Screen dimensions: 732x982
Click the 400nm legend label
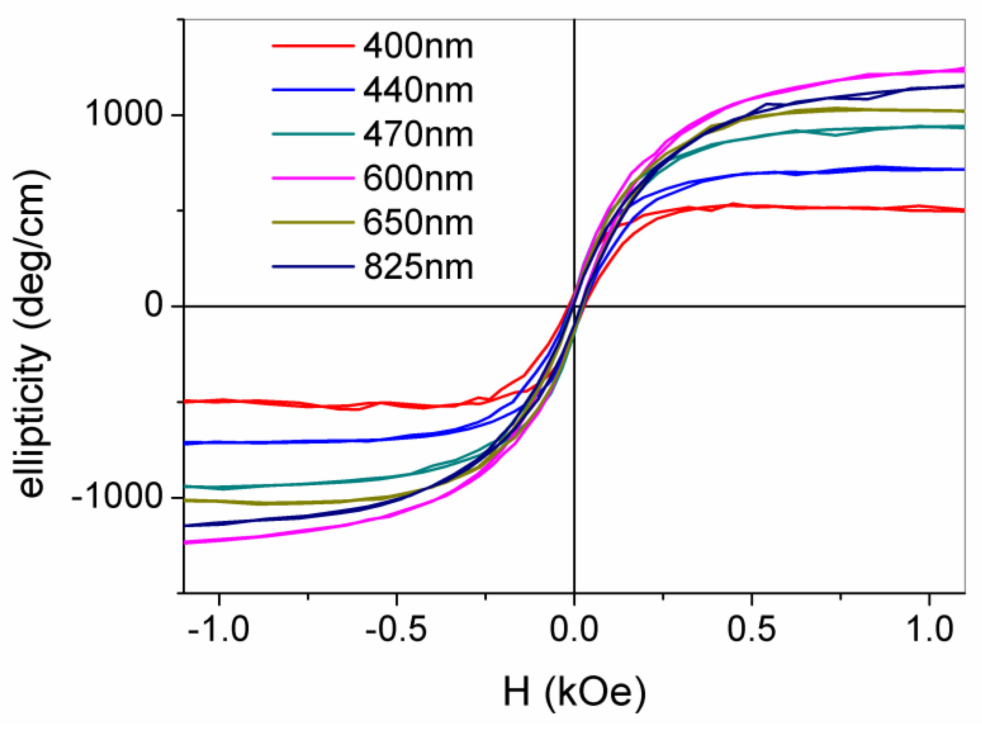coord(418,46)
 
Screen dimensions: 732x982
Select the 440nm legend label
coord(418,90)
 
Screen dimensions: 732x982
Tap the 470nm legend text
coord(418,134)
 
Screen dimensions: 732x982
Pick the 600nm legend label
coord(418,178)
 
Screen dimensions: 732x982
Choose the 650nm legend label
coord(418,223)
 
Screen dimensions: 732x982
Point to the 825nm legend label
coord(418,267)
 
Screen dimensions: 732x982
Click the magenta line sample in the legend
coord(313,178)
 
